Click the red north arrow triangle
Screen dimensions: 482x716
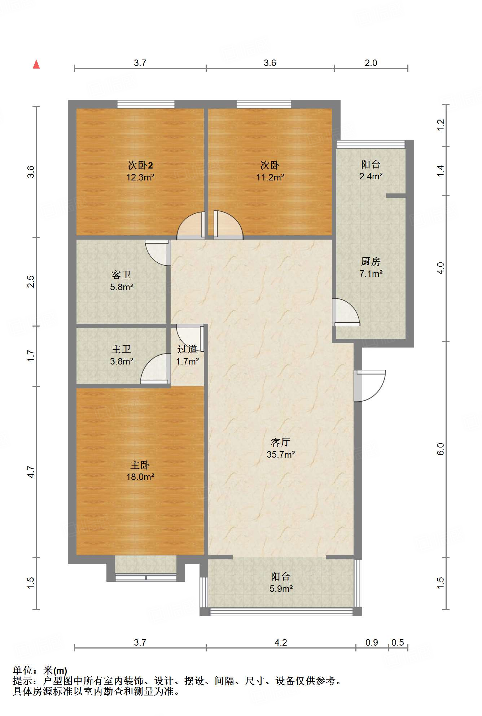click(36, 64)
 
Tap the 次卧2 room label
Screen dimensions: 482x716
click(140, 165)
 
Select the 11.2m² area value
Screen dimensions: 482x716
click(270, 177)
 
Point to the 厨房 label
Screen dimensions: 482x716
click(371, 261)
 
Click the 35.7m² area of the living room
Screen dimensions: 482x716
click(281, 454)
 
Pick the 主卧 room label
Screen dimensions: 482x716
click(140, 465)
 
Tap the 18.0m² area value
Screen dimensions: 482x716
click(140, 477)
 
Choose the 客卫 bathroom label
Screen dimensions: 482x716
click(121, 275)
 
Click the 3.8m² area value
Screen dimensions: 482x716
click(122, 361)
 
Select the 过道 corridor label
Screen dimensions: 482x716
click(187, 349)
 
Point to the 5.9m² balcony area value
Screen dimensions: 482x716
click(281, 589)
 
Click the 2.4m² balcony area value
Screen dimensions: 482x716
click(371, 176)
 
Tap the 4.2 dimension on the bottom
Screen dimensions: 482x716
click(281, 642)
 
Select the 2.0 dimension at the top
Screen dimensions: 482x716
click(371, 63)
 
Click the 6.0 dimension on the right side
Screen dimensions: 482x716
click(441, 449)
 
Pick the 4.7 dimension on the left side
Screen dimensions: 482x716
click(31, 472)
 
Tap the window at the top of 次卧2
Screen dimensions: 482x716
click(146, 104)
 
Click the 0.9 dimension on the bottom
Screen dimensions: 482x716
click(372, 642)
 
